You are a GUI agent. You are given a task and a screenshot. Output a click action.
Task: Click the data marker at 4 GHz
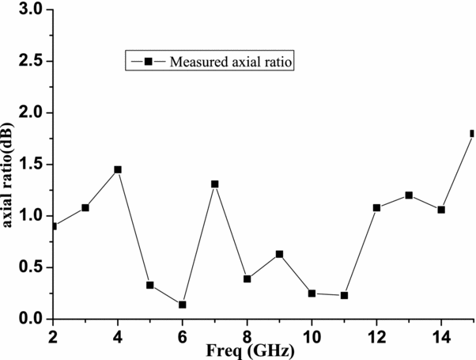[118, 169]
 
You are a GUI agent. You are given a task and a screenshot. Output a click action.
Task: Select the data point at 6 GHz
[183, 305]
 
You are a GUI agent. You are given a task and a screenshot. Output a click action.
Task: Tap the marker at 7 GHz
[214, 184]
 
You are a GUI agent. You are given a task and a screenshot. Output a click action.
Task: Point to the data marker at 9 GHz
[279, 254]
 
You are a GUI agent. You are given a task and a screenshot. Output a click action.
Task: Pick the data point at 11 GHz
[344, 295]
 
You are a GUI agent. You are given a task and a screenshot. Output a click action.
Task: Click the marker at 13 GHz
[409, 195]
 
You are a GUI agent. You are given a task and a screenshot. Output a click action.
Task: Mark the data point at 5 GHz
[150, 285]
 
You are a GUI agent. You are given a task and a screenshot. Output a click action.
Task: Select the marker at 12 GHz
[376, 207]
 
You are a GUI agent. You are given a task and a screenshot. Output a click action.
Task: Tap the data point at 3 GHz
[85, 207]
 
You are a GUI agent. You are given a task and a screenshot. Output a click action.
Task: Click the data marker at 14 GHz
[441, 210]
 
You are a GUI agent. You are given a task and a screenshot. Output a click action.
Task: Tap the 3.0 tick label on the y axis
[31, 10]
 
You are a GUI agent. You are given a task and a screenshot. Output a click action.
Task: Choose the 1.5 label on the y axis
[31, 165]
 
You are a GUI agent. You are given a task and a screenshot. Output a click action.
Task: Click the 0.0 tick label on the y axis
[31, 319]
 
